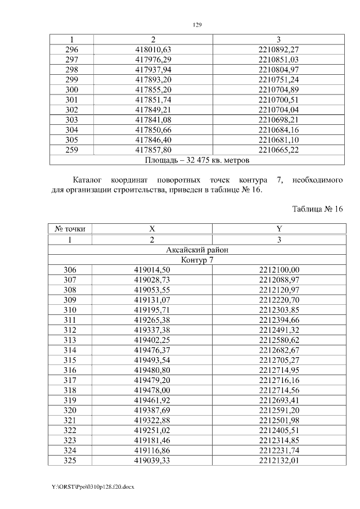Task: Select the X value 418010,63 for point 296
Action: click(x=151, y=49)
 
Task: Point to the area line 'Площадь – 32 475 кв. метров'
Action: click(x=196, y=160)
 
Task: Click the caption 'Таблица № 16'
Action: click(x=317, y=209)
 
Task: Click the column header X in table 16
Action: click(x=151, y=229)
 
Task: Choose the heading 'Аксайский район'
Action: click(x=196, y=250)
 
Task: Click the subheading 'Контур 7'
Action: click(x=196, y=260)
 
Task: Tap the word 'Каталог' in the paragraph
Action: click(x=87, y=179)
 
